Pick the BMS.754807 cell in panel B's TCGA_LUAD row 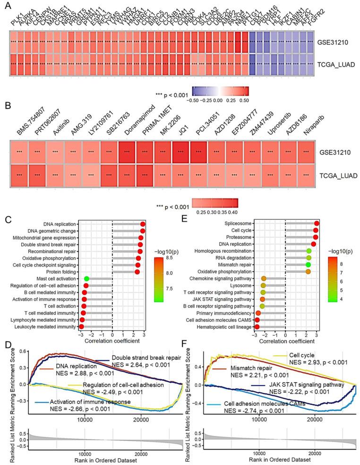[x=19, y=174]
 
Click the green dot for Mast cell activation [x=86, y=280]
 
